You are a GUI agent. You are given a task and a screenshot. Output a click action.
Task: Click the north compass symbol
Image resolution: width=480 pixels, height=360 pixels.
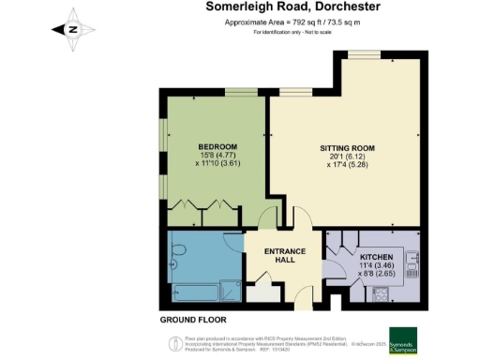73,27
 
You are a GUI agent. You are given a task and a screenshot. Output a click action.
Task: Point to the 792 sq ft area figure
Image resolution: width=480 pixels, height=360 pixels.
265,22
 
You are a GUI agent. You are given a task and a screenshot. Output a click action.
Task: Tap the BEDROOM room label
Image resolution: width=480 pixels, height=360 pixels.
217,148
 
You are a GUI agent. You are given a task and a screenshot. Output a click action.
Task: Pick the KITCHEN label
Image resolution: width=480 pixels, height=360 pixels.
375,255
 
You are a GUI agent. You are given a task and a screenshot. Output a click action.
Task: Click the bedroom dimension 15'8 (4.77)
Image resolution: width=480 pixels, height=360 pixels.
217,157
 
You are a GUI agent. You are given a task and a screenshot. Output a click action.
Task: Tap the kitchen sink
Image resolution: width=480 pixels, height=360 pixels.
412,257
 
